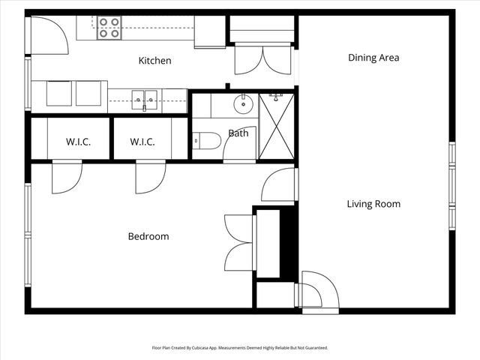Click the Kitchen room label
155,61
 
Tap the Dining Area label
373,58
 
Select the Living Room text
373,204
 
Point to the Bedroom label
148,236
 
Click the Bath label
238,133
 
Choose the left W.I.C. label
78,142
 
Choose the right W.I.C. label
142,142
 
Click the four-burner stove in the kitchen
109,28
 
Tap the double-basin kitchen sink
144,98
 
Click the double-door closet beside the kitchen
262,58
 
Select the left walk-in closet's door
65,178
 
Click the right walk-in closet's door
149,178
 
